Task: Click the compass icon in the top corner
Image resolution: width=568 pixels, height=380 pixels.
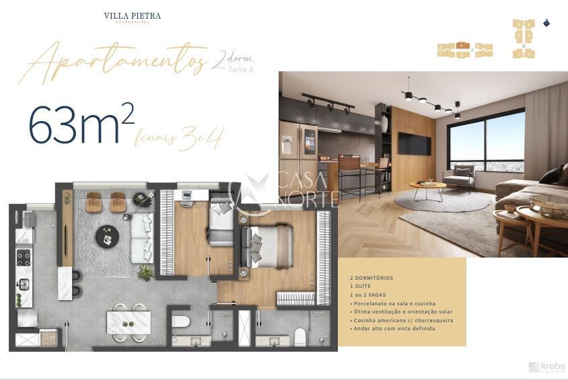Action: click(x=546, y=23)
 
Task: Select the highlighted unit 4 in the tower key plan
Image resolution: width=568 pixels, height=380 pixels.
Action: click(x=462, y=45)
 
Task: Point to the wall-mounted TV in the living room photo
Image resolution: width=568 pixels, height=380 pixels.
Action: click(x=414, y=143)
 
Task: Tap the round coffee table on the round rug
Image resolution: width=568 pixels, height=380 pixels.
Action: click(x=427, y=188)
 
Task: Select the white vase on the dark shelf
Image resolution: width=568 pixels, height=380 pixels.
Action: click(x=384, y=123)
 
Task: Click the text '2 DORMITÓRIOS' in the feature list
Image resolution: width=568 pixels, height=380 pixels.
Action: click(x=371, y=278)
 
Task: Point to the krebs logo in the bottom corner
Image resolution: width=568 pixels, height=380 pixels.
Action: click(x=546, y=367)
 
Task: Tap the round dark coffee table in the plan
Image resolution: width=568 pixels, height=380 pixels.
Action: click(x=107, y=236)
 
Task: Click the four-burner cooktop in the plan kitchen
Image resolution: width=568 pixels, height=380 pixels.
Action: click(x=24, y=258)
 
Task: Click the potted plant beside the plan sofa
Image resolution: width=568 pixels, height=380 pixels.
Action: click(x=145, y=272)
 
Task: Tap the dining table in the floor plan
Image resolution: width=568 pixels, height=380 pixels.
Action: click(x=128, y=321)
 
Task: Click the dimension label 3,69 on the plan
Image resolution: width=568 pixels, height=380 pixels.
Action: click(x=156, y=342)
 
